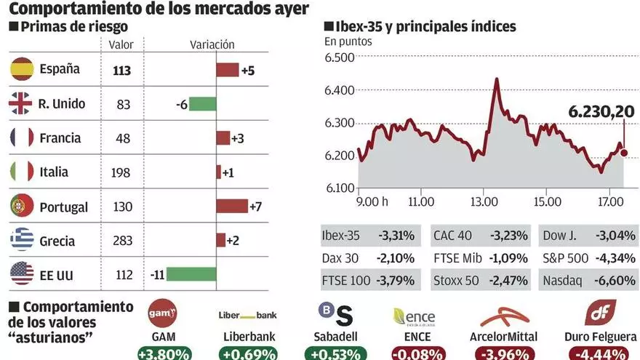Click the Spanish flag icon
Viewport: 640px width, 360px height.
coord(22,69)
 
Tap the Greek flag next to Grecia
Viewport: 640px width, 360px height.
coord(22,240)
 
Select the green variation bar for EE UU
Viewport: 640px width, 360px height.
coord(191,274)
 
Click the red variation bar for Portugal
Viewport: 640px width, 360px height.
coord(232,206)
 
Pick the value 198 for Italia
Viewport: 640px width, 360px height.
coord(121,172)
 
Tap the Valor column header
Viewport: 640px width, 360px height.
coord(121,44)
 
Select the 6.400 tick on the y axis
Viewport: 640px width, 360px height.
coord(339,90)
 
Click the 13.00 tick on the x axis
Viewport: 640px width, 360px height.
coord(484,201)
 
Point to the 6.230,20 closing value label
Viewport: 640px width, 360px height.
coord(601,112)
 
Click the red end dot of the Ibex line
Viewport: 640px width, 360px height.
coord(624,153)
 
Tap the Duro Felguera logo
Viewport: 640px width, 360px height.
coord(600,313)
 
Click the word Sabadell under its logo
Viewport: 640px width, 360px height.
coord(335,337)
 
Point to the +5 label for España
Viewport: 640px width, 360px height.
coord(248,71)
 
